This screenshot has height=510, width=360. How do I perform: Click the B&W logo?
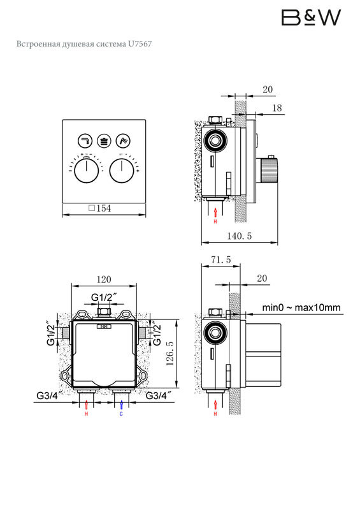click(x=311, y=18)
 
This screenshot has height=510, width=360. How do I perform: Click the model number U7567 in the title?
click(x=140, y=44)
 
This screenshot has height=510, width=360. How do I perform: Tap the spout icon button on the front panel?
click(x=85, y=141)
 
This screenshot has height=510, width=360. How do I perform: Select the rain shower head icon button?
click(x=104, y=141)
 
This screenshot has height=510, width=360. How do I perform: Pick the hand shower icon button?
click(x=123, y=141)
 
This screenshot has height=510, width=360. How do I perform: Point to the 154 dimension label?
click(x=100, y=208)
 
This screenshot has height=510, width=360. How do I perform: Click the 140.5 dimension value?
click(x=240, y=236)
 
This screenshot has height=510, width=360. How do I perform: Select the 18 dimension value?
click(x=277, y=108)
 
